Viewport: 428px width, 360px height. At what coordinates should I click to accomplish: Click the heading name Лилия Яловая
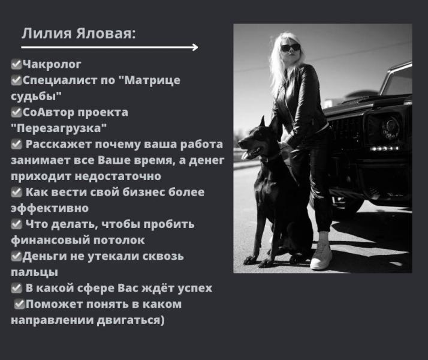78,33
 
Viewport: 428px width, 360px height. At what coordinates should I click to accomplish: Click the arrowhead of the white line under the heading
195,47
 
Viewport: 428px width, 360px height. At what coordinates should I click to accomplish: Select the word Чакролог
52,64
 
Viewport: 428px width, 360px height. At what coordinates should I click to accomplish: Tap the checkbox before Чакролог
16,64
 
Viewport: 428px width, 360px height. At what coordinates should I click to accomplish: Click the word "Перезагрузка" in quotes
59,128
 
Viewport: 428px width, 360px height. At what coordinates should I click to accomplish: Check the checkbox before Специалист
16,80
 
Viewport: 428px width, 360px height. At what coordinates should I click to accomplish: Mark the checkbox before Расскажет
16,145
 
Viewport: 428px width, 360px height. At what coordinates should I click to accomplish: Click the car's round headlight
390,127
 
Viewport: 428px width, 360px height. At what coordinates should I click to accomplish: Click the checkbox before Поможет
19,304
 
